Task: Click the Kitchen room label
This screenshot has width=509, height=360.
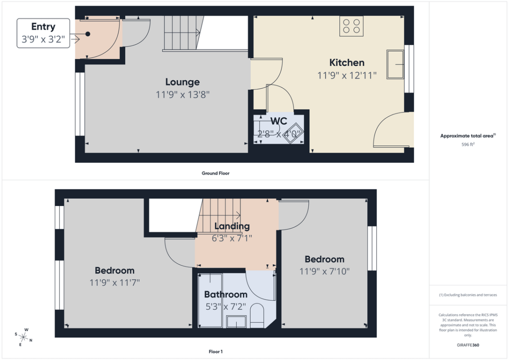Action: click(x=347, y=63)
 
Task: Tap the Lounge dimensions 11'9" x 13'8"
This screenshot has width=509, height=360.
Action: click(x=183, y=95)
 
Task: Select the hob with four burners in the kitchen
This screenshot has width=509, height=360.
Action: click(x=351, y=26)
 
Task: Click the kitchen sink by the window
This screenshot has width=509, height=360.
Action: click(x=396, y=64)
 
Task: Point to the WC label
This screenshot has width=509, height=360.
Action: click(x=279, y=121)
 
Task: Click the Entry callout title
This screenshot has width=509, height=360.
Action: click(x=43, y=27)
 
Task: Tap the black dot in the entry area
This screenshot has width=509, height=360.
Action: click(x=88, y=34)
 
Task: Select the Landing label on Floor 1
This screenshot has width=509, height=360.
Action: click(x=232, y=226)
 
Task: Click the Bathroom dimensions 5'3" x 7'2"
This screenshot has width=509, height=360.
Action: click(x=226, y=306)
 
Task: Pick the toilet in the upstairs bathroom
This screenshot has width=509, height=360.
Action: click(x=257, y=316)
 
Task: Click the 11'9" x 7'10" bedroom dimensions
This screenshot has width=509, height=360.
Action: click(x=324, y=271)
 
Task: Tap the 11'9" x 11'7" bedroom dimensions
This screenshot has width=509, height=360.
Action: click(x=115, y=283)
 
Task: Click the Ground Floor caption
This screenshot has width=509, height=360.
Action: click(x=216, y=173)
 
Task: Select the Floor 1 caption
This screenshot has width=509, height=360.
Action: click(x=216, y=351)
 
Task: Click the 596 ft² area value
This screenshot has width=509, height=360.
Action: click(x=468, y=144)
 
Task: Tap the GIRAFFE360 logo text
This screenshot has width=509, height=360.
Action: click(x=468, y=345)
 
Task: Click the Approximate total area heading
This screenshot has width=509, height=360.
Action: click(x=468, y=136)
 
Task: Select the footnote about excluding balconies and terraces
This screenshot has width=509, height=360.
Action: click(x=468, y=295)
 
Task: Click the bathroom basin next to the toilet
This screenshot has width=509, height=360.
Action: click(x=236, y=322)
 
